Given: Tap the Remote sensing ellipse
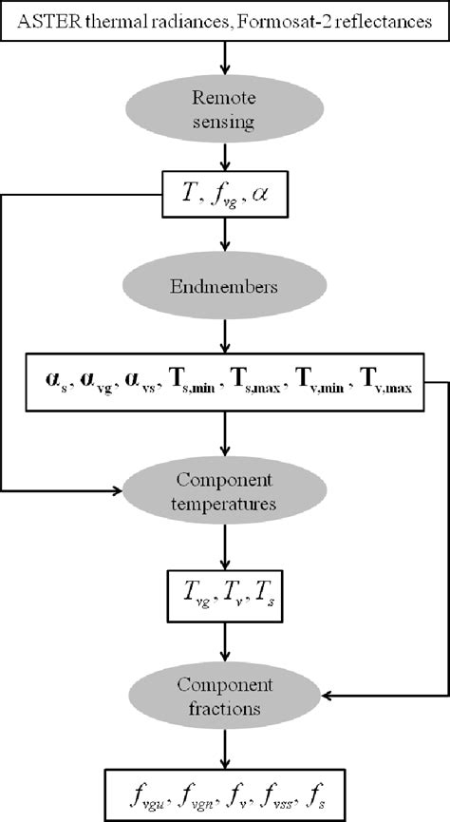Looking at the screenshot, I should tap(224, 107).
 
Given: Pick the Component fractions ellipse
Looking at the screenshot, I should tap(224, 696).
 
